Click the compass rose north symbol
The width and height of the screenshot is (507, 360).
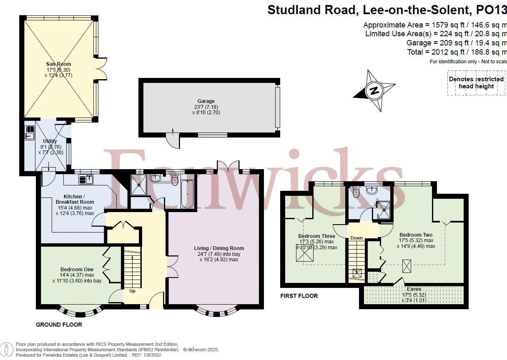pyautogui.click(x=374, y=90)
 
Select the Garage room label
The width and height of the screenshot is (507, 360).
pyautogui.click(x=206, y=101)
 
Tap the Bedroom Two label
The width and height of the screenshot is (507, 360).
pyautogui.click(x=416, y=235)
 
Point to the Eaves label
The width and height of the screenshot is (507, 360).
pyautogui.click(x=414, y=289)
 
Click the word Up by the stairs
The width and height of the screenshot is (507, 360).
pyautogui.click(x=132, y=291)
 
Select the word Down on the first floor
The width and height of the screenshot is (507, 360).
pyautogui.click(x=356, y=238)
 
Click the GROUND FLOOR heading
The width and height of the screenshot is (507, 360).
pyautogui.click(x=59, y=325)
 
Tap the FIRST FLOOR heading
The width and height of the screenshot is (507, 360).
pyautogui.click(x=299, y=296)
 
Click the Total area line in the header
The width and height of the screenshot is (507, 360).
pyautogui.click(x=457, y=52)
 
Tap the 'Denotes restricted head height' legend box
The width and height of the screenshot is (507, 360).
pyautogui.click(x=476, y=82)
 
